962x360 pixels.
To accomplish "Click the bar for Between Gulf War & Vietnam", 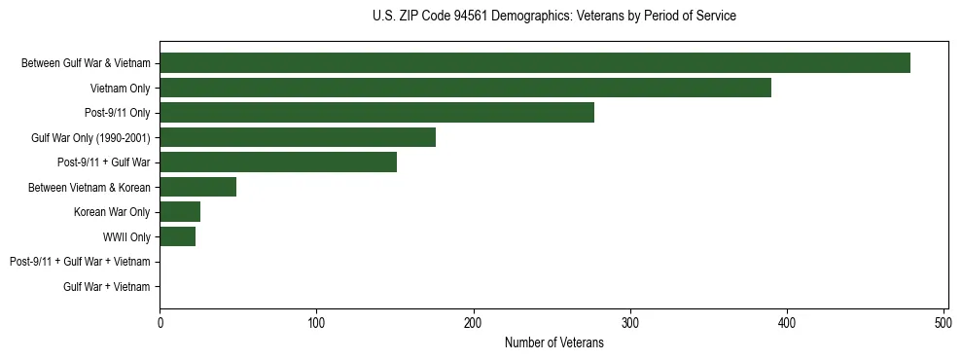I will pyautogui.click(x=535, y=63).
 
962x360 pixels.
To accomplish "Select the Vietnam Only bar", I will pyautogui.click(x=465, y=88).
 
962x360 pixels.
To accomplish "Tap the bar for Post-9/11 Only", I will pyautogui.click(x=376, y=113).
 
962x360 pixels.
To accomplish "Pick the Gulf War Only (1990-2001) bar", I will pyautogui.click(x=298, y=137).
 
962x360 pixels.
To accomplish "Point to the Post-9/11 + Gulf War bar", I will pyautogui.click(x=278, y=162).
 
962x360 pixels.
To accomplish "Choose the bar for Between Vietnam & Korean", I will pyautogui.click(x=197, y=187).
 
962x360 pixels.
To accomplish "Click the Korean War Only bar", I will pyautogui.click(x=180, y=212).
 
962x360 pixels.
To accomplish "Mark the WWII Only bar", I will pyautogui.click(x=177, y=236).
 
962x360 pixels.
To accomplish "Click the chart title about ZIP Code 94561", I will pyautogui.click(x=554, y=17).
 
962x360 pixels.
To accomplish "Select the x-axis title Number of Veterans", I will pyautogui.click(x=554, y=343).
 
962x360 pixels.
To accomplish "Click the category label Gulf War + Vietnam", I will pyautogui.click(x=106, y=287).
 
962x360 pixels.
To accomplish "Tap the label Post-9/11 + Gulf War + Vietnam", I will pyautogui.click(x=80, y=262).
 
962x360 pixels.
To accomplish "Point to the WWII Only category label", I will pyautogui.click(x=126, y=237).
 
